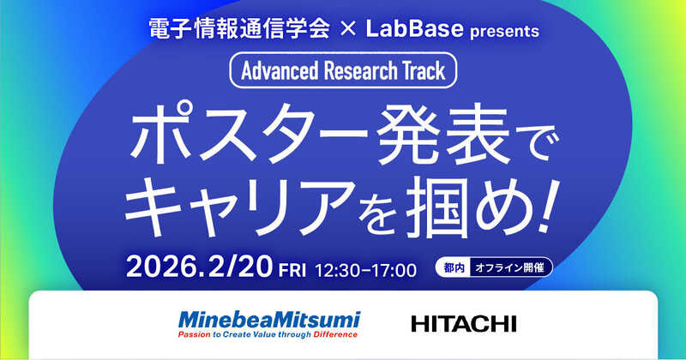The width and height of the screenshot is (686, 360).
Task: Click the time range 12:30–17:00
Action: (x=367, y=269)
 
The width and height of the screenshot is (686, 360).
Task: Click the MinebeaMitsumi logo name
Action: (x=269, y=319)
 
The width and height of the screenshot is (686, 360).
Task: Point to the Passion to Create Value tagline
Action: (x=269, y=334)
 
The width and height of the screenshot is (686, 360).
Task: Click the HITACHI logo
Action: (x=464, y=324)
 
